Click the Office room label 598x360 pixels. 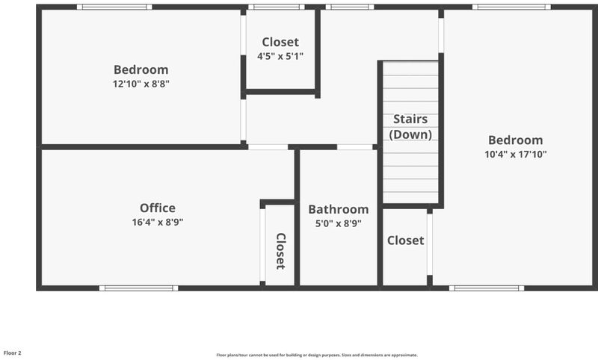point(158,208)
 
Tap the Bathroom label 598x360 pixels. point(339,210)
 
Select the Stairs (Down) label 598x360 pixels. point(410,127)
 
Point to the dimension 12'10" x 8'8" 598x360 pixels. point(141,84)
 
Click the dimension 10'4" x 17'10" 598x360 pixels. point(516,155)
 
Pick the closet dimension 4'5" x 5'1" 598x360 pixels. point(280,56)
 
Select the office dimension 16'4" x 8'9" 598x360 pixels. point(158,222)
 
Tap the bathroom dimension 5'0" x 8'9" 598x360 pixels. point(339,223)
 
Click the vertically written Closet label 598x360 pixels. point(280,251)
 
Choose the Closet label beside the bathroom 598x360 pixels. point(405,240)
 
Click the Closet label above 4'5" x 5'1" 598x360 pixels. point(280,42)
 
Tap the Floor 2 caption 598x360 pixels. point(12,353)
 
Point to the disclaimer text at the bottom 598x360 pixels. point(317,355)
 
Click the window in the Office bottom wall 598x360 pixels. point(138,288)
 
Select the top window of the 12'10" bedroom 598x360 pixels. point(114,7)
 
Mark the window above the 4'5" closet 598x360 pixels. point(277,7)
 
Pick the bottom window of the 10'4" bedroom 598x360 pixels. point(487,288)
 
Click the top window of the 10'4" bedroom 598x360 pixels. point(511,7)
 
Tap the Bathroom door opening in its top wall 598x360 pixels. point(354,147)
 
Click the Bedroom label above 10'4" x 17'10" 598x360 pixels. point(516,140)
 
